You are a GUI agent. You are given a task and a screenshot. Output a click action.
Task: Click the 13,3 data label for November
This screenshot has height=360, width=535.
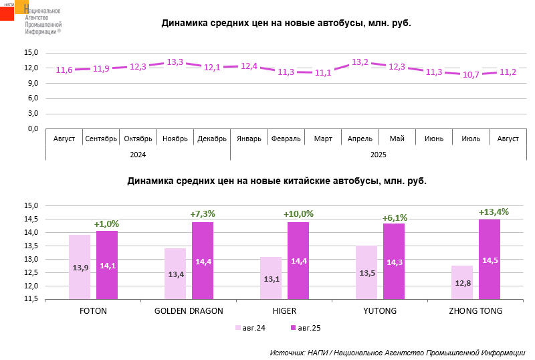[175, 62]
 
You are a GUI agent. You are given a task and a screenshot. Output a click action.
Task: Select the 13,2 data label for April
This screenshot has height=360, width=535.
[360, 62]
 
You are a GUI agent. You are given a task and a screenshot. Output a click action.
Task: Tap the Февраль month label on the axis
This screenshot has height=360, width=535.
[286, 139]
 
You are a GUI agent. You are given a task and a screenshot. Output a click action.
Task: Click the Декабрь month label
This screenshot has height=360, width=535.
[212, 139]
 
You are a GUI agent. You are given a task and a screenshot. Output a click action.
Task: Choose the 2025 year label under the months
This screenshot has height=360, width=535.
[378, 154]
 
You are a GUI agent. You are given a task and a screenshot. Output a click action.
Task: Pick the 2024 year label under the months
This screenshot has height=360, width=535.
[138, 154]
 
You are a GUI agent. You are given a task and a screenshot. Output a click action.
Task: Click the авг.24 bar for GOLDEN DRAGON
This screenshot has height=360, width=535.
[175, 274]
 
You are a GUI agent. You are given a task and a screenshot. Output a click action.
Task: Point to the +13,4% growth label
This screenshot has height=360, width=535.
[494, 212]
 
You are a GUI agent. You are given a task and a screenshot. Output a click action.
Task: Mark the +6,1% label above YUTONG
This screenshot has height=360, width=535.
[395, 218]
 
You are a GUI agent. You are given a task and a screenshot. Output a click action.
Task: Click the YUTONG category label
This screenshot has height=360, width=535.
[380, 311]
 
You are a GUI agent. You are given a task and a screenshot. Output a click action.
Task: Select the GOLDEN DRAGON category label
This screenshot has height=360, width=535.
[189, 311]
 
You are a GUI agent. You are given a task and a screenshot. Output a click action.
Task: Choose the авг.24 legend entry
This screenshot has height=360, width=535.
[250, 328]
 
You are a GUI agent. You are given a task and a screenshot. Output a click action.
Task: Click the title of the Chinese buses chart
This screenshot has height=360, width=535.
[277, 181]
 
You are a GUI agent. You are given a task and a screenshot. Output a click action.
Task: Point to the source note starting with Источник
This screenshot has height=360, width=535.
[397, 352]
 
